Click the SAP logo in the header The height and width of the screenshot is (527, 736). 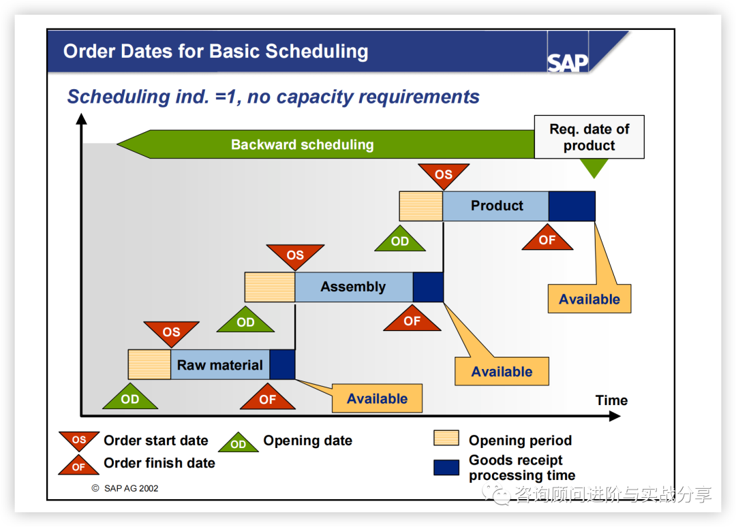coord(567,63)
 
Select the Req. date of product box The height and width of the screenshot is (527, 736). coord(589,137)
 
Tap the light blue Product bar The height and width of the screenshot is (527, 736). coord(496,206)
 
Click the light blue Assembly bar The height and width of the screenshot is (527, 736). coord(354,287)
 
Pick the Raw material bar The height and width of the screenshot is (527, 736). coord(220,365)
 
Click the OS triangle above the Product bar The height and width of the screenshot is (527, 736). coord(444,174)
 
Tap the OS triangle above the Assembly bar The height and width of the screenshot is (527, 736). coord(295,255)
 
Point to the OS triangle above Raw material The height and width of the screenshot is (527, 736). coord(171,332)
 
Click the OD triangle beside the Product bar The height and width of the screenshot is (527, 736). coord(400,240)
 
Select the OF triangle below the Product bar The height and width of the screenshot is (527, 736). coord(547,239)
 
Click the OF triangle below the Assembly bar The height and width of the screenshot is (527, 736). coord(412,320)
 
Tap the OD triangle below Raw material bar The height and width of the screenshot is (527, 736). coord(129,398)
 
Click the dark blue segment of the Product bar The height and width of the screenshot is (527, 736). coord(572,206)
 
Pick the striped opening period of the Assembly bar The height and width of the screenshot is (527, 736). coord(270,287)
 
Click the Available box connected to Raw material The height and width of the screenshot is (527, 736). coord(377,398)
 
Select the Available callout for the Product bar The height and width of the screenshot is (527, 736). coord(589,299)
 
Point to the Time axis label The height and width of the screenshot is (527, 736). coord(611,400)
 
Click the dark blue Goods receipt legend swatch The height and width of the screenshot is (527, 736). coord(446,468)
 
